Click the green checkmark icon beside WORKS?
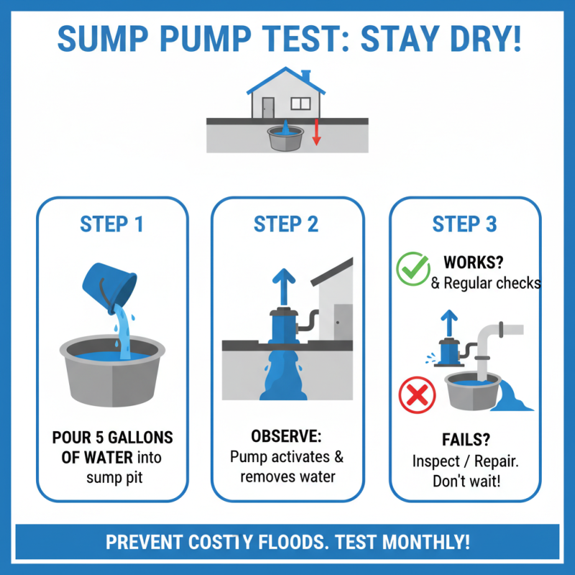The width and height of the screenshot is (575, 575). [413, 269]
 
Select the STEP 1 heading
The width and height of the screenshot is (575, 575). [111, 224]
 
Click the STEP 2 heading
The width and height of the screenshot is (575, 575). [286, 224]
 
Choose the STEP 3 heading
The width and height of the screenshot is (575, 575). [464, 224]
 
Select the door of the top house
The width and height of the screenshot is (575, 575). [267, 107]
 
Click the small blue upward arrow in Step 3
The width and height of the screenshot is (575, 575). [450, 321]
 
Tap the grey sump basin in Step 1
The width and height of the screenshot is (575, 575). [111, 374]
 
